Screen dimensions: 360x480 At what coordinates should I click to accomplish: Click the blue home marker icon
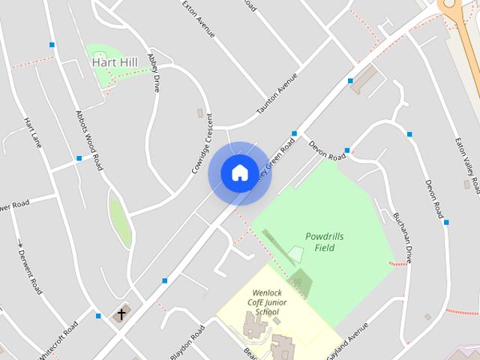[x=239, y=172]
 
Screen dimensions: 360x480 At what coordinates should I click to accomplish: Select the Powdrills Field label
[x=325, y=241]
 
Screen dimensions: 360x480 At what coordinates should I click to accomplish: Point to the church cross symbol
[x=121, y=314]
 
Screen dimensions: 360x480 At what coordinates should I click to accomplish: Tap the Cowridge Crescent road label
[x=202, y=144]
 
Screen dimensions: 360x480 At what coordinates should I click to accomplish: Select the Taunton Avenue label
[x=277, y=94]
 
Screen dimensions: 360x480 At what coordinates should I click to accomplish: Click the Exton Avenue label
[x=199, y=19]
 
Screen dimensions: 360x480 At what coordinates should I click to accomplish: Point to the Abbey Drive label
[x=154, y=71]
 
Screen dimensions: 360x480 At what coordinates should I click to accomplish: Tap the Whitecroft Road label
[x=58, y=341]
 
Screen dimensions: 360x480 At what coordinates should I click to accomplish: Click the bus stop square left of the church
[x=98, y=316]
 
